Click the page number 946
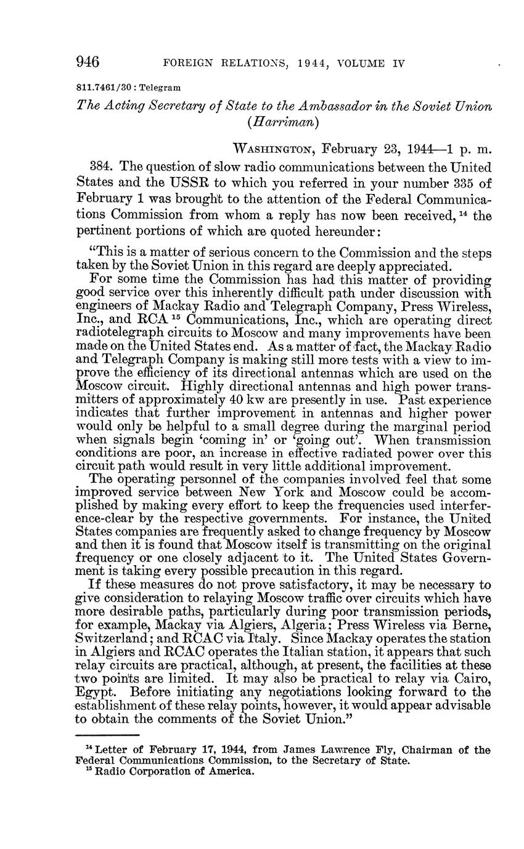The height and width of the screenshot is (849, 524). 88,62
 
